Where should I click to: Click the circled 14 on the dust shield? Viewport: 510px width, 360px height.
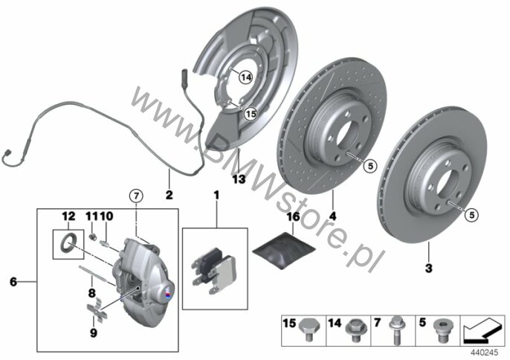click(245, 77)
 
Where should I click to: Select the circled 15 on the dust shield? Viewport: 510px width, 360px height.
click(251, 114)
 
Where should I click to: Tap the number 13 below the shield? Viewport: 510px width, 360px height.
click(239, 179)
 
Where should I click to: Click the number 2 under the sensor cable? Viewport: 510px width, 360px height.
click(170, 196)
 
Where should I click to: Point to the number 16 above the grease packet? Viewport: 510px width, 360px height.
click(293, 216)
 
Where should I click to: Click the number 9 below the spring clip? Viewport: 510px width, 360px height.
click(94, 333)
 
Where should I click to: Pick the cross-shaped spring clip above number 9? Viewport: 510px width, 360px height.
click(97, 310)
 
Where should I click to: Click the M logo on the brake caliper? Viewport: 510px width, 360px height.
click(167, 292)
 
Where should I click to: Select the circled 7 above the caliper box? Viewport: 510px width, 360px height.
click(136, 196)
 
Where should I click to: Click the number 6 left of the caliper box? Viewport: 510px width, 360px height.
click(13, 282)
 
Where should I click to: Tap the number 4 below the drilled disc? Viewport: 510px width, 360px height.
click(332, 216)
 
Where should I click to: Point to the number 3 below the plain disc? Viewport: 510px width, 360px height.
click(429, 269)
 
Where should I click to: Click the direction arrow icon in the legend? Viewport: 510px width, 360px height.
click(482, 330)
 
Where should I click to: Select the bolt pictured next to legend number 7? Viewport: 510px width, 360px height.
click(396, 330)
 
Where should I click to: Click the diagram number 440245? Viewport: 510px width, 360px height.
click(485, 353)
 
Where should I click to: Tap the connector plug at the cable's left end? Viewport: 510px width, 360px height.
click(7, 155)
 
